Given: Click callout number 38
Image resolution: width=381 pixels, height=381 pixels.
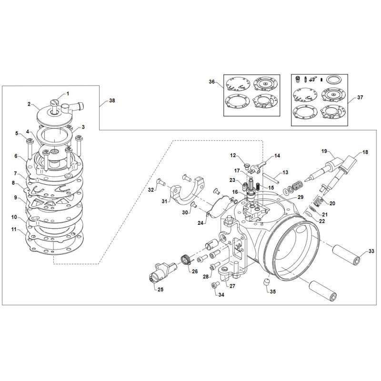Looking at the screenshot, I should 112,101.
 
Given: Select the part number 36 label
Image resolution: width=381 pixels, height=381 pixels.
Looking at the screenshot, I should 211,81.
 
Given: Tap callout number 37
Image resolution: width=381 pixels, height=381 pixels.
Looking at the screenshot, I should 360,97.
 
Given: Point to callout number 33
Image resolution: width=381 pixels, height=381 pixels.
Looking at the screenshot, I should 371,251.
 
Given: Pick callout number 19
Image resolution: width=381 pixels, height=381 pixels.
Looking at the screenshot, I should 324,151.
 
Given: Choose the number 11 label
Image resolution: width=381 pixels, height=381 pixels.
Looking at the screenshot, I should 15,229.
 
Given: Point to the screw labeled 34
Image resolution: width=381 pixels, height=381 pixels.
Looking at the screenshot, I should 214,285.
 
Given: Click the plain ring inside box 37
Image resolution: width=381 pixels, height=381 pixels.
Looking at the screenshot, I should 335,78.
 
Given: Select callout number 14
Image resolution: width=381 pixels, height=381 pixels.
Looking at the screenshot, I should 277,156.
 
